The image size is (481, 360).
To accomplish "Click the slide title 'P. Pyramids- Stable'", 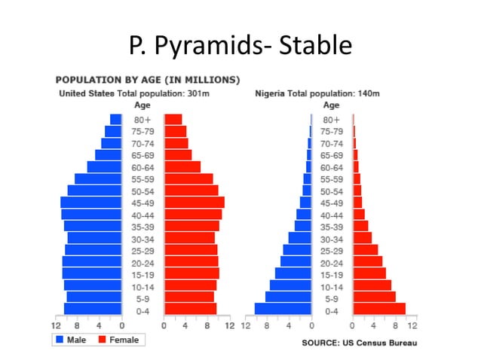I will pos(240,46).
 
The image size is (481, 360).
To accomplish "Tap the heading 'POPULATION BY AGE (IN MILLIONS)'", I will pos(148,80).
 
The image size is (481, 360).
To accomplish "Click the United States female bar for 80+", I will pos(173,119).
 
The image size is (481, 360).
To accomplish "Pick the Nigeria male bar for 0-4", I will pos(283,309).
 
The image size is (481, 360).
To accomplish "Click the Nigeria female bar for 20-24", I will pos(367,261).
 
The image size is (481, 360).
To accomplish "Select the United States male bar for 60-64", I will pos(104,166).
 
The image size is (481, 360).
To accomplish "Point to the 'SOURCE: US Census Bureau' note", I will pos(359,343).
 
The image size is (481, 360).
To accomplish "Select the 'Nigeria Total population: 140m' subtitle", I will pos(317,93).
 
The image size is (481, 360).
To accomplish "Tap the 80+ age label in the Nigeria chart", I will pos(332,120).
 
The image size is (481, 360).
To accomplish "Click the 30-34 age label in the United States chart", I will pos(142,238).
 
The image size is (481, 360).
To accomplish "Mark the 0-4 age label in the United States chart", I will pos(142,310).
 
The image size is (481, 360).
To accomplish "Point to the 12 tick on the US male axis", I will pos(56,325).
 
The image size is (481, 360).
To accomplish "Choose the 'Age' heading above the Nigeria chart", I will pos(332,105).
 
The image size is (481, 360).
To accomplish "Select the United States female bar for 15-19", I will pos(191,273).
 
